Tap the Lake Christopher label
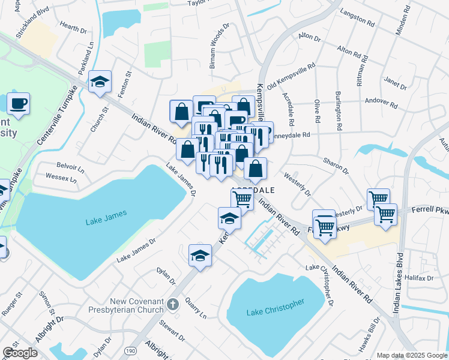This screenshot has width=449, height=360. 276,308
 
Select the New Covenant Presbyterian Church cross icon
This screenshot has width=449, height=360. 173,304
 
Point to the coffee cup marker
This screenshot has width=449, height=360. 18,103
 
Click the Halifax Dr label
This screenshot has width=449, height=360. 419,278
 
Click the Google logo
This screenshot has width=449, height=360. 20,353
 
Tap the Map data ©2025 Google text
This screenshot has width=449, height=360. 411,355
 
